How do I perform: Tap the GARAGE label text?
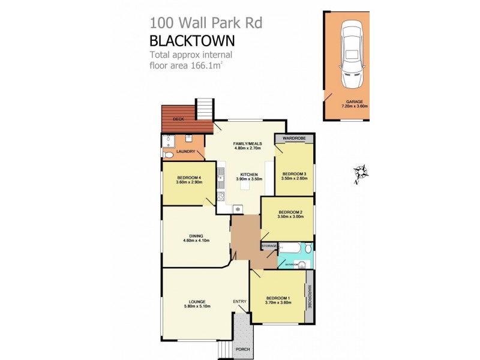tap(354, 102)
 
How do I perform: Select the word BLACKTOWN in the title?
tap(191, 41)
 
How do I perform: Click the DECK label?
tap(178, 119)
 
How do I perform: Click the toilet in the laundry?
tap(168, 155)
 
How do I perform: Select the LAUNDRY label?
tap(186, 152)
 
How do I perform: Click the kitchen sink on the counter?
tap(221, 175)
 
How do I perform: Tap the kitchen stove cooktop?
tap(221, 196)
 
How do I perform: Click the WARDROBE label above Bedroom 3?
tap(295, 139)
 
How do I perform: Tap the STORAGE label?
tap(269, 246)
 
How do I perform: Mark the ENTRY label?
tap(239, 301)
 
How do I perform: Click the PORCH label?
tap(243, 349)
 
